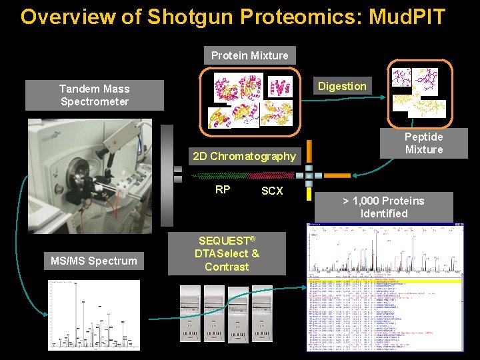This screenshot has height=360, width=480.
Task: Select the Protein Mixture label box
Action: pos(249,55)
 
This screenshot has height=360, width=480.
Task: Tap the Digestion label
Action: pos(341,86)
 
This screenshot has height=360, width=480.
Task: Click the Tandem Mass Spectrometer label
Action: pos(94,95)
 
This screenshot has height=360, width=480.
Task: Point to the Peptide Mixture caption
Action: pos(424,143)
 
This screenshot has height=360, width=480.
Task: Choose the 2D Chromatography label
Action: pos(243,156)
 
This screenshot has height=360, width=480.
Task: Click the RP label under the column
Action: pos(223,189)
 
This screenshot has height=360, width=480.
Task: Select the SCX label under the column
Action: pos(272,191)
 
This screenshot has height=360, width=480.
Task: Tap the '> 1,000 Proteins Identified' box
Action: pos(383,207)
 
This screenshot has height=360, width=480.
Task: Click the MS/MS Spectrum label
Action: pos(94,261)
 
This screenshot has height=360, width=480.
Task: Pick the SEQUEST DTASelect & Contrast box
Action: pos(227,253)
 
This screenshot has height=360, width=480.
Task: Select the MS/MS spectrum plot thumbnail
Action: pos(94,315)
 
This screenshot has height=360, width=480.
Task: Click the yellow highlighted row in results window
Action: pos(385,281)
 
